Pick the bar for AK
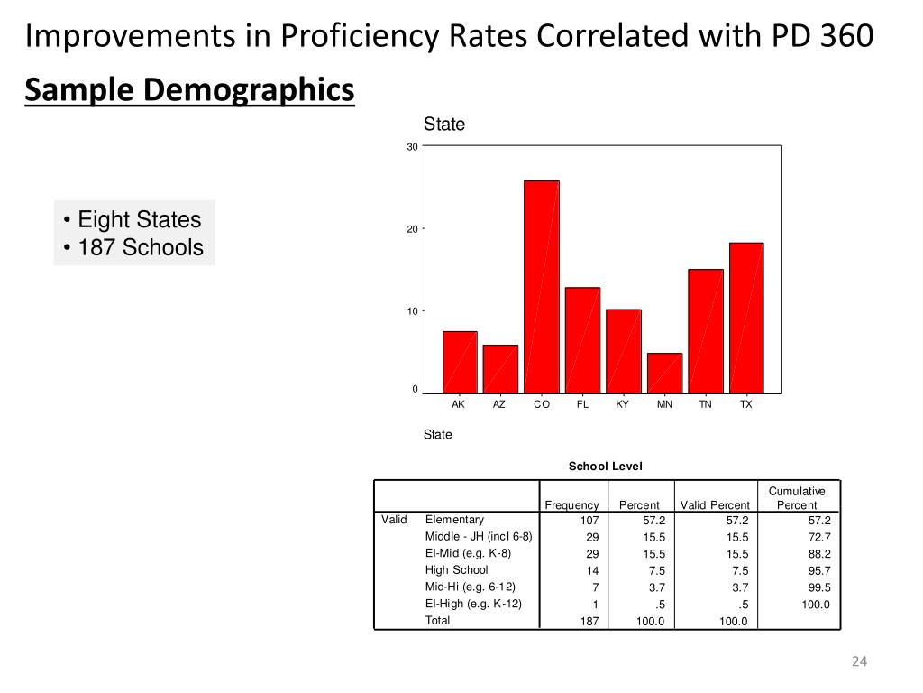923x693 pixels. click(x=460, y=362)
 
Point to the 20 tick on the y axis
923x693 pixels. click(x=412, y=229)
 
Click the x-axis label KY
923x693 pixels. click(x=623, y=405)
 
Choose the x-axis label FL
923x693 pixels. click(x=582, y=405)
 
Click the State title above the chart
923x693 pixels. click(x=444, y=125)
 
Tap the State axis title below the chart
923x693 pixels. click(x=438, y=435)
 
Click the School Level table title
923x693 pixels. click(x=605, y=466)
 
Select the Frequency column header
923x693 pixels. click(x=571, y=505)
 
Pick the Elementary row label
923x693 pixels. click(x=454, y=520)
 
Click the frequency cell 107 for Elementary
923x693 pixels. click(x=589, y=521)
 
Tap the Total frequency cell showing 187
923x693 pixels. click(x=589, y=622)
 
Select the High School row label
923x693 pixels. click(x=456, y=570)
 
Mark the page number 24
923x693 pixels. click(x=858, y=663)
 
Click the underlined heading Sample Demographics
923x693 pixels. click(x=189, y=90)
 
